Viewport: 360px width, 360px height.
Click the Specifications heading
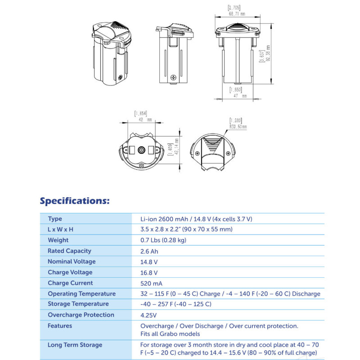pos(75,200)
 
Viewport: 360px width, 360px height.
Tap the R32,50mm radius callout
pos(238,126)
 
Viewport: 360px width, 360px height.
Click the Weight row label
pos(58,240)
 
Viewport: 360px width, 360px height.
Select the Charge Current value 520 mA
pos(152,283)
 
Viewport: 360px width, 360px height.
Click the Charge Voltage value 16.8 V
pos(149,272)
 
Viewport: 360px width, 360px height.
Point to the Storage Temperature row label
pos(78,304)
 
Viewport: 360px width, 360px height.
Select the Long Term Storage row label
pos(75,345)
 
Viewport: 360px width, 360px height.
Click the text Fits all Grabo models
pos(170,334)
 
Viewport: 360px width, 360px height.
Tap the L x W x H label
pos(60,229)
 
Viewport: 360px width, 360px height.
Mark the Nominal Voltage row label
pos(72,261)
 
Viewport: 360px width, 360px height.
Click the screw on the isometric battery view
pos(121,77)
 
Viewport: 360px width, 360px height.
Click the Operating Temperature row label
pos(81,294)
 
